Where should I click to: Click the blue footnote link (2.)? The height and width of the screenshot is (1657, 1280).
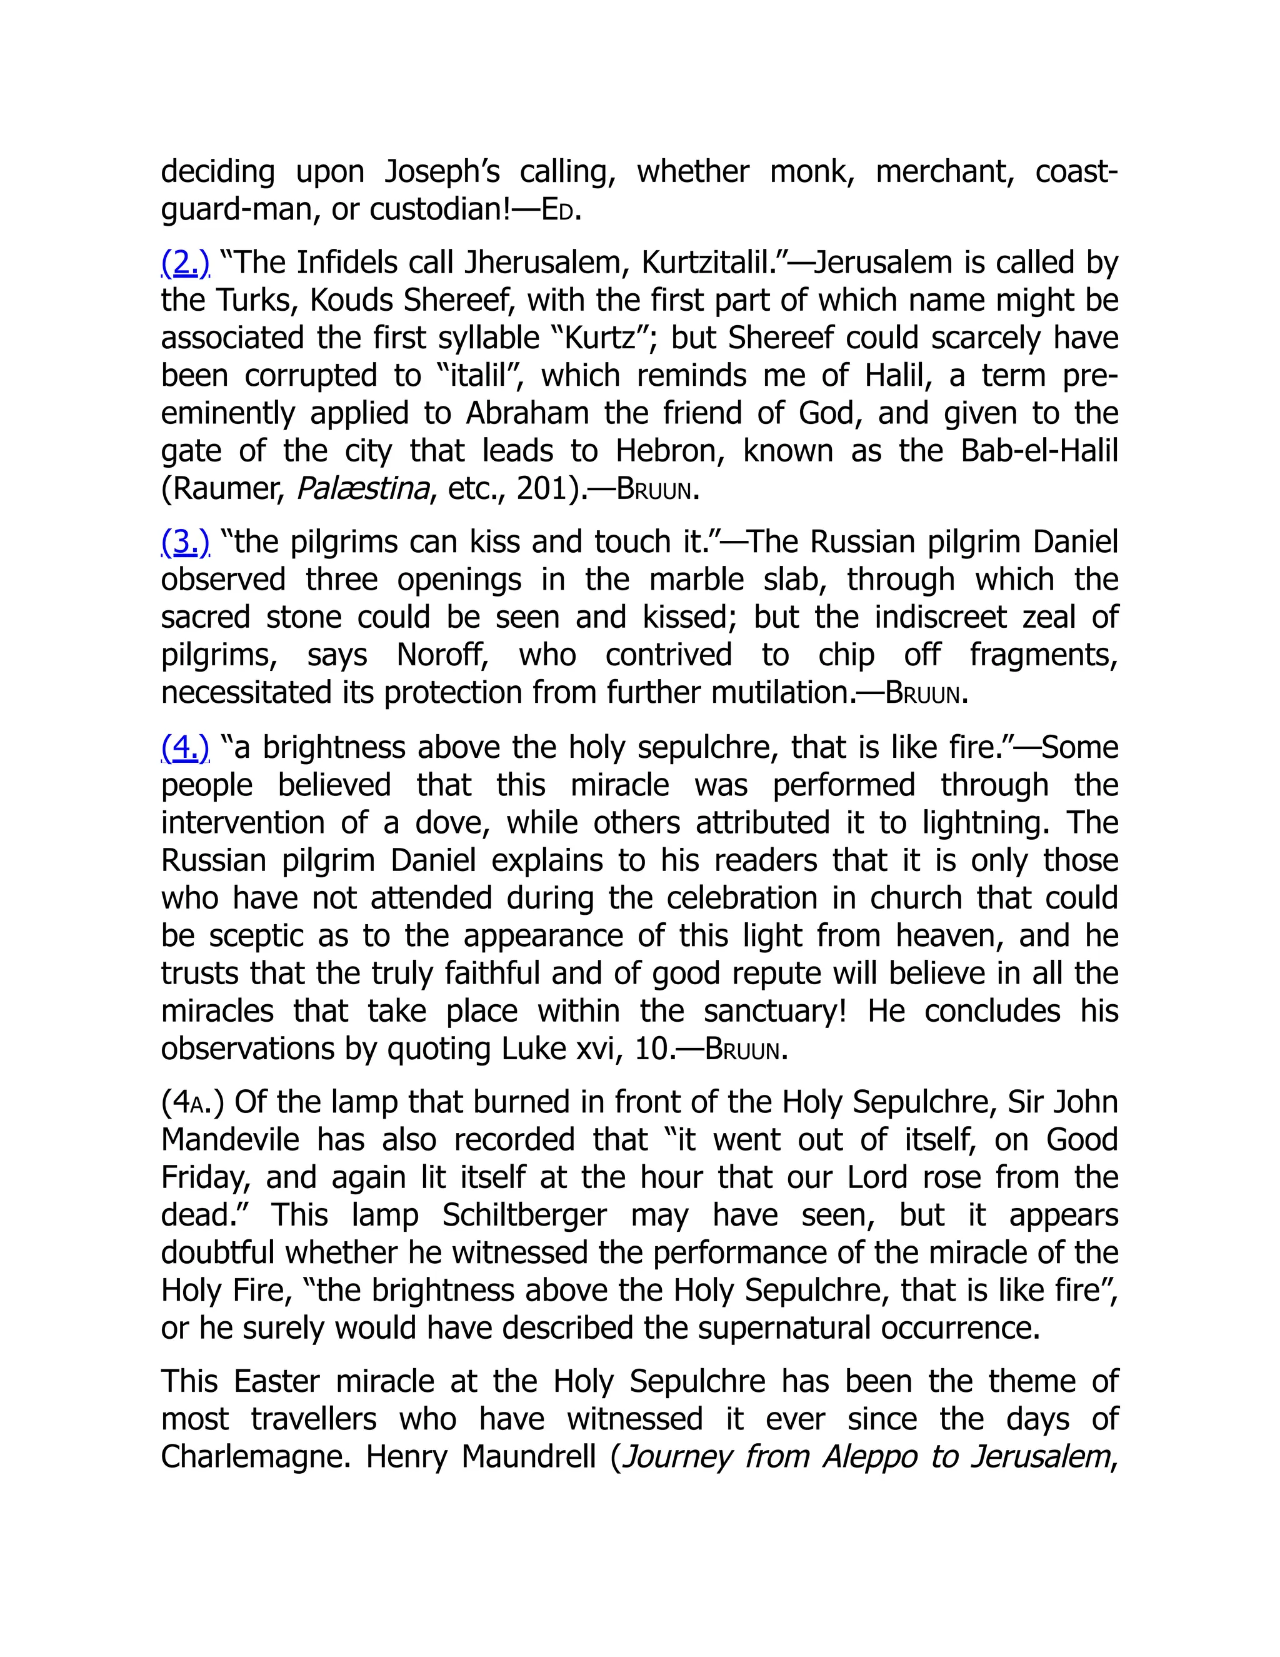pyautogui.click(x=185, y=263)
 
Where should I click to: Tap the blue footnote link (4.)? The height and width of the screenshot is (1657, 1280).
pyautogui.click(x=185, y=748)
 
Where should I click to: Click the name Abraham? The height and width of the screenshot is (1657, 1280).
pyautogui.click(x=527, y=413)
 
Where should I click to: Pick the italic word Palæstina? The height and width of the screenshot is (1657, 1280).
pyautogui.click(x=363, y=490)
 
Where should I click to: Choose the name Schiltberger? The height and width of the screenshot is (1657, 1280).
pyautogui.click(x=525, y=1216)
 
